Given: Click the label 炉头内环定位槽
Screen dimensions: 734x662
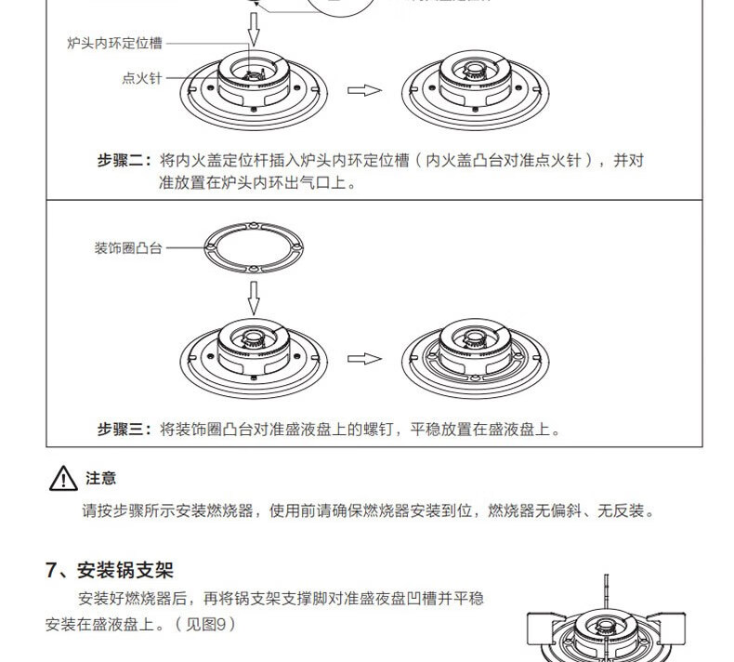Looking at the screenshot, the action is tap(114, 43).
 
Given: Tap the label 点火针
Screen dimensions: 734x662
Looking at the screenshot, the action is tap(141, 78).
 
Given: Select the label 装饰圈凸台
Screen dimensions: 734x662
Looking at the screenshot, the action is tap(128, 248).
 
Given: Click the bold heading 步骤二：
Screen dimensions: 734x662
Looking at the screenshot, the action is tap(125, 160).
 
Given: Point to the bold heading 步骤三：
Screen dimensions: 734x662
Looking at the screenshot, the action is tap(125, 430).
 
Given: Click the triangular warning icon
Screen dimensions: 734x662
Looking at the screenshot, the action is tap(61, 481).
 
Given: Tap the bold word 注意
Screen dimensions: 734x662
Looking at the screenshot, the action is tap(100, 479).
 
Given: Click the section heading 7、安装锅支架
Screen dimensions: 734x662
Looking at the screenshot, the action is tap(110, 569).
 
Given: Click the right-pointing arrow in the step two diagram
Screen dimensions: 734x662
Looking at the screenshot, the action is tap(364, 90).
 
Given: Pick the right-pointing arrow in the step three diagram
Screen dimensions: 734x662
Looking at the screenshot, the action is tap(364, 359).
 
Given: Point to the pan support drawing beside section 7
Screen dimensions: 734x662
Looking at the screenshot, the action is tap(605, 628).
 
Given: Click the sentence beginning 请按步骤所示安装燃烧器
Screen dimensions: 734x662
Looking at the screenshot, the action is tap(368, 511).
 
